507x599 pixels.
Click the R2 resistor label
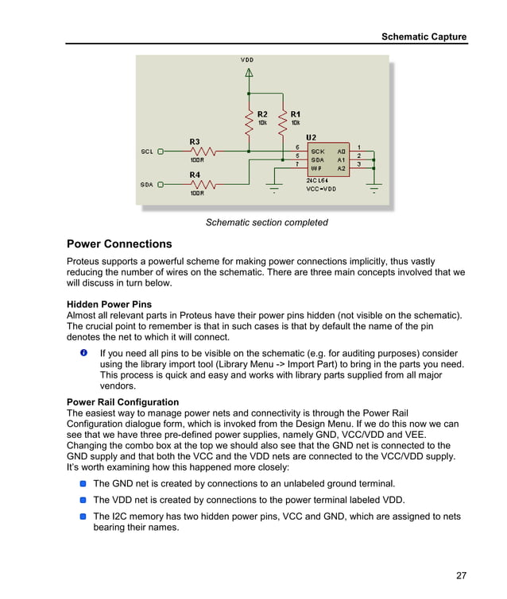point(262,113)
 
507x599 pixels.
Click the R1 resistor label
point(296,113)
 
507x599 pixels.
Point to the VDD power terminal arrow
point(249,72)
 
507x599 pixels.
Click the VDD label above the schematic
point(248,60)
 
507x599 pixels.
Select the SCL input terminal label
point(147,151)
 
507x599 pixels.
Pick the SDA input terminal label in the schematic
point(147,185)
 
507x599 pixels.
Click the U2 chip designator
point(311,138)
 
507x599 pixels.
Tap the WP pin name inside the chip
point(316,168)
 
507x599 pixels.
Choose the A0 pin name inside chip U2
point(342,151)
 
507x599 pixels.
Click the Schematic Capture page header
point(424,36)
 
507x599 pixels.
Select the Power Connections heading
point(119,244)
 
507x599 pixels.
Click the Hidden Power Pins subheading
point(109,304)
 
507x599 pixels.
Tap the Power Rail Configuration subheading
point(122,402)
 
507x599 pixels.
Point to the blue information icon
point(84,352)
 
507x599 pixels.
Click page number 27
point(461,575)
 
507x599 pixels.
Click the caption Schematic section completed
point(267,222)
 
